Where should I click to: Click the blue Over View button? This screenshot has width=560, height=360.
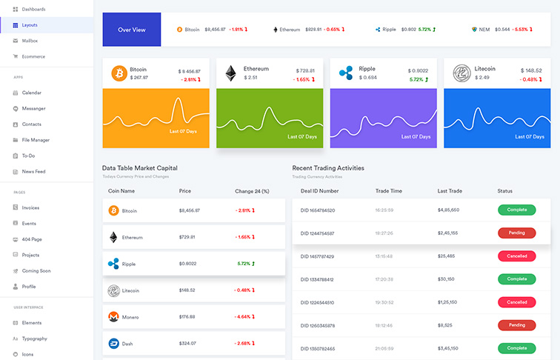(x=132, y=30)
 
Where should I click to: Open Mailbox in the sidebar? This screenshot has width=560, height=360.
(x=30, y=41)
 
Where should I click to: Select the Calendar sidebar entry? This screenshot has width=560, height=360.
(x=31, y=93)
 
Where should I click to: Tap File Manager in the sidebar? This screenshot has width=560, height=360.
(x=36, y=139)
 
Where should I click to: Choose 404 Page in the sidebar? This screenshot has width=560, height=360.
(x=32, y=239)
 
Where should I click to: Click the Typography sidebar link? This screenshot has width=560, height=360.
(x=34, y=339)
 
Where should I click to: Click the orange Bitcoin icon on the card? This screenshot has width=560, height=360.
(x=119, y=73)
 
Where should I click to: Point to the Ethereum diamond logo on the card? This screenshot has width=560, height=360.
(x=231, y=73)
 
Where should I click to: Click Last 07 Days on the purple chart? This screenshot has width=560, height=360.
(x=415, y=136)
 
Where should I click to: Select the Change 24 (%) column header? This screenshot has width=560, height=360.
(x=252, y=191)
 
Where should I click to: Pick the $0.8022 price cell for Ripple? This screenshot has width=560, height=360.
(x=189, y=264)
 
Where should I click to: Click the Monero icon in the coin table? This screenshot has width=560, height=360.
(x=114, y=317)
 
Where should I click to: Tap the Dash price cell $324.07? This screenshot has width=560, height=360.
(x=187, y=344)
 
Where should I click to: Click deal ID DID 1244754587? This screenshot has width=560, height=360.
(x=318, y=233)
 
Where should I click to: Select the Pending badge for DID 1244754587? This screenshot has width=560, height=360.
(x=516, y=233)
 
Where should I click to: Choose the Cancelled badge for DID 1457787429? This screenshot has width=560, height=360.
(x=516, y=256)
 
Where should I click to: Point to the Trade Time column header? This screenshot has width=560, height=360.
(x=389, y=191)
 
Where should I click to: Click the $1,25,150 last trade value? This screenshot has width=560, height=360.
(x=448, y=302)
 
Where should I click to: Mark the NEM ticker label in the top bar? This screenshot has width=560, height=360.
(x=484, y=30)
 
